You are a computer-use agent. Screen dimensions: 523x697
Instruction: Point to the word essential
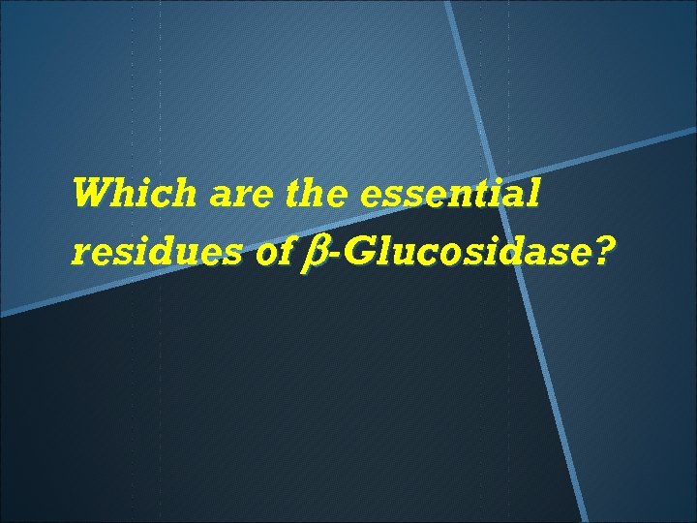(448, 194)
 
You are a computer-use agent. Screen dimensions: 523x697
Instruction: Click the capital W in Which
(93, 194)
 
